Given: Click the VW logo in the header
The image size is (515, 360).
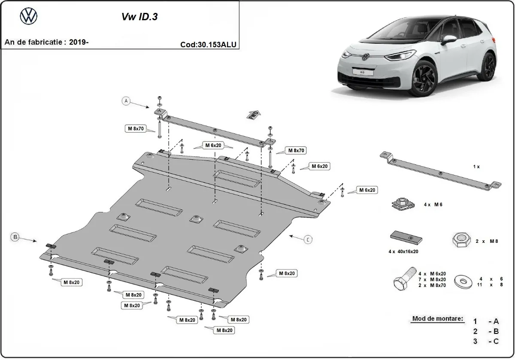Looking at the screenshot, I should click(x=29, y=17).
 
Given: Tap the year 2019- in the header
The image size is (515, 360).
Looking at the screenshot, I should click(x=79, y=42).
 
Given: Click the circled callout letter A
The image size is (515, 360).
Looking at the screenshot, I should click(x=126, y=101).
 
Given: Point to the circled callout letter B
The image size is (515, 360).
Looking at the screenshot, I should click(x=15, y=236).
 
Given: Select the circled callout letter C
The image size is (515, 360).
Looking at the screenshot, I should click(x=308, y=240).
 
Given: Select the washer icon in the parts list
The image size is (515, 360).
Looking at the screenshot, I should click(x=463, y=281).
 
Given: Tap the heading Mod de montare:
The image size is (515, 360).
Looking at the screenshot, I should click(x=438, y=319).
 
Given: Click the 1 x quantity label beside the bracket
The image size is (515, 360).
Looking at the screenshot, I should click(x=476, y=166).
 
